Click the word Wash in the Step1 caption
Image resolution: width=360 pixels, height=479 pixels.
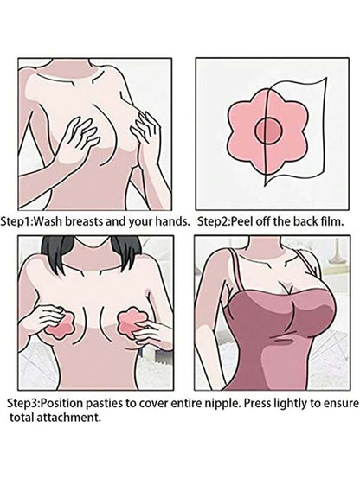[x=48, y=221]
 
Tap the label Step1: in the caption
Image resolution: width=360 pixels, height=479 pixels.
[x=16, y=222]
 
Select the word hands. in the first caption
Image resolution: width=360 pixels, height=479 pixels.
[x=172, y=221]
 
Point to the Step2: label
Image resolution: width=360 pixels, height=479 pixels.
[x=214, y=221]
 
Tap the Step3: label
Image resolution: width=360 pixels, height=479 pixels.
[x=23, y=404]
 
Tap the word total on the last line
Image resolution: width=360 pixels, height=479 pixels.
[x=22, y=417]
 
